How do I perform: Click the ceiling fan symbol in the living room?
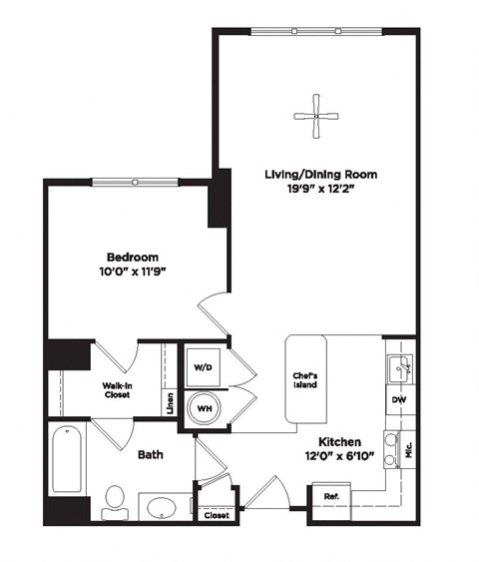(x=315, y=116)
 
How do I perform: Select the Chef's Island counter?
(x=304, y=379)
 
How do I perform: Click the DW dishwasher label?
(x=399, y=400)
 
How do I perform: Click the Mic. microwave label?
(x=408, y=449)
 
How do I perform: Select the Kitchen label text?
(x=339, y=441)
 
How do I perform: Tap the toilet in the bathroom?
(x=115, y=500)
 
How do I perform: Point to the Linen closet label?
(x=171, y=403)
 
